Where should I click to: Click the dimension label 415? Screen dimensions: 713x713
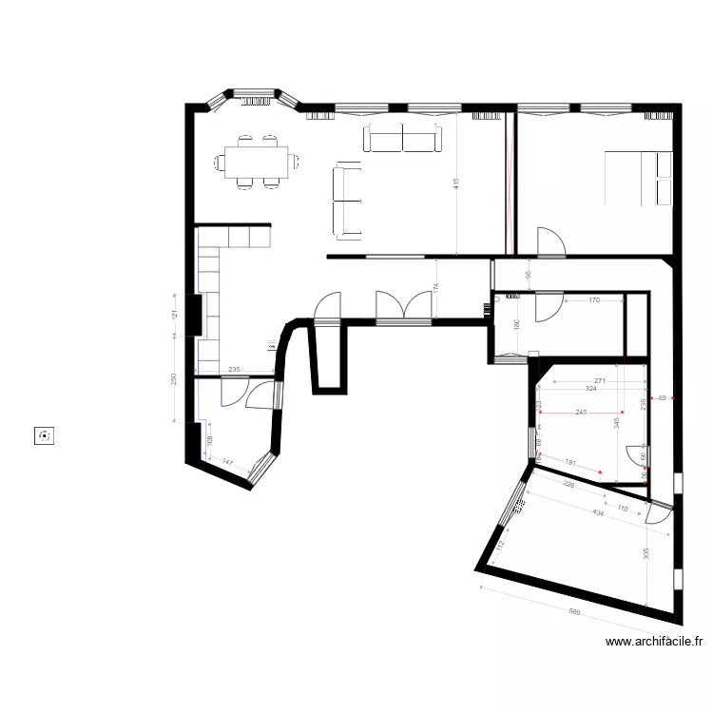tap(455, 182)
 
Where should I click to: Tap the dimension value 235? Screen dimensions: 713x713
tap(234, 370)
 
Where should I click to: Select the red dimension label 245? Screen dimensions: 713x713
tap(582, 413)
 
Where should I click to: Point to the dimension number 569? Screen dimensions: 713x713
tap(574, 612)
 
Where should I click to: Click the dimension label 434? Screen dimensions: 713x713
tap(598, 513)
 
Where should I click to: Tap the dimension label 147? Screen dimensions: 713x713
tap(228, 462)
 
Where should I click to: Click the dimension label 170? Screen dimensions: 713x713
tap(594, 300)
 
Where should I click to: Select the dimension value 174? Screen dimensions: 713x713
tap(436, 286)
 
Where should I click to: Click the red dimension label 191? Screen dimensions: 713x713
tap(570, 463)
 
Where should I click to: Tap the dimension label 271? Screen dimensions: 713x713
tap(600, 380)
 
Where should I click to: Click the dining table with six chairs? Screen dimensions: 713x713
tap(257, 162)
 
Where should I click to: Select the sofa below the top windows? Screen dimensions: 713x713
tap(404, 139)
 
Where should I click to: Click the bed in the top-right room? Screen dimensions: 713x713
tap(640, 178)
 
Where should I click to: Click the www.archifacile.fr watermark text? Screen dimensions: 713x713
tap(654, 642)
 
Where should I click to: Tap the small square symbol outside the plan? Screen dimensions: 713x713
tap(44, 436)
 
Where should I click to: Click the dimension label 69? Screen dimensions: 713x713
tap(662, 397)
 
